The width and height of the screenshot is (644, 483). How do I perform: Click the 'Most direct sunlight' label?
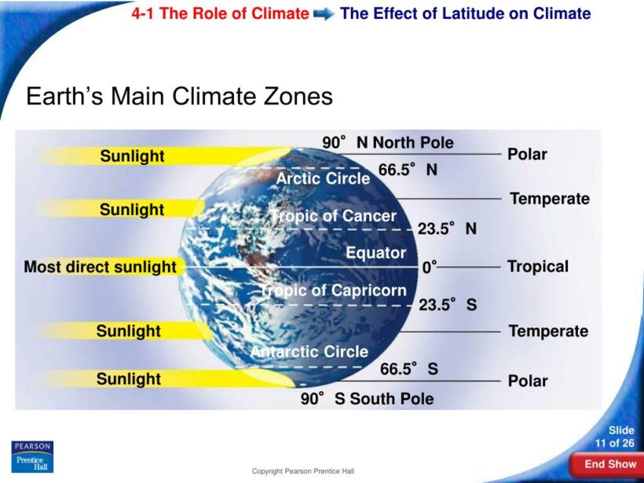[100, 267]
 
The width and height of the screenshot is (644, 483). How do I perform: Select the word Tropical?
[538, 266]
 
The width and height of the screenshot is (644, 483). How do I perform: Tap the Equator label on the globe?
[376, 253]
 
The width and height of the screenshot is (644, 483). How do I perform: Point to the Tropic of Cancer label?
[334, 216]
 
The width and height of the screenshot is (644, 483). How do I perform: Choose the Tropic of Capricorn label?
[334, 291]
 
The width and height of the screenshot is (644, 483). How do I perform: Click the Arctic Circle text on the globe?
[323, 178]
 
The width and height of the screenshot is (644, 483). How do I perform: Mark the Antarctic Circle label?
[309, 352]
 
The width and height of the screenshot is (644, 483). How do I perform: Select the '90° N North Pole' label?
[388, 142]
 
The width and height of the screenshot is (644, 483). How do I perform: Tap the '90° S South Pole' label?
[367, 398]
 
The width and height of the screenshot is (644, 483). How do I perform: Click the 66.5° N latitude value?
[408, 170]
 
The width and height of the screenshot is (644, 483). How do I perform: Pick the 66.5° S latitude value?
[409, 368]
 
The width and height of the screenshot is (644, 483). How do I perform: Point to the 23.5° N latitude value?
[447, 229]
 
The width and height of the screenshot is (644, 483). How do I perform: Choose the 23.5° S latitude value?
[447, 305]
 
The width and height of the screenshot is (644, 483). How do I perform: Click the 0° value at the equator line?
[430, 267]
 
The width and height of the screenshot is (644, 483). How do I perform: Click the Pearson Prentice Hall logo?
[32, 456]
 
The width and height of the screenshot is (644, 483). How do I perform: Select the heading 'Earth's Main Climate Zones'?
[179, 97]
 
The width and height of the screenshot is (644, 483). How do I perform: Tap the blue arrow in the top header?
[324, 14]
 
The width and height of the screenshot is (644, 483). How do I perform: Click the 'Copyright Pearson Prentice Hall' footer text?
[302, 471]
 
